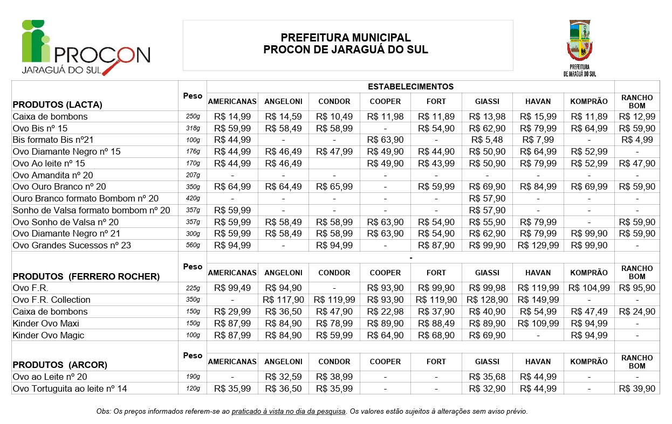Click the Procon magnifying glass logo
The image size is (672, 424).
[x=85, y=47]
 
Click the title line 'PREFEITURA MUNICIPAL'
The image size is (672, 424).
[x=346, y=38]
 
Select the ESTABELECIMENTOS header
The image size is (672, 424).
[x=410, y=86]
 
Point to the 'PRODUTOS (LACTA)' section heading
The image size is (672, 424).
[x=57, y=105]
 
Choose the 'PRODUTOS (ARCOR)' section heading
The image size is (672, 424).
[x=60, y=365]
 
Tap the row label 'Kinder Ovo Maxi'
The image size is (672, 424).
[x=46, y=323]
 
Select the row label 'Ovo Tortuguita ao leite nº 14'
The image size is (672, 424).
[x=70, y=388]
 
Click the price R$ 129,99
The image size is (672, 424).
[x=538, y=246]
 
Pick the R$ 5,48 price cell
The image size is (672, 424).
[x=488, y=140]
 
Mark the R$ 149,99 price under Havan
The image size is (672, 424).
[x=538, y=300]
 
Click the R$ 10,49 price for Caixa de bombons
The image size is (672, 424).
[x=334, y=116]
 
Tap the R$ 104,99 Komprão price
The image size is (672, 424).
[x=589, y=288]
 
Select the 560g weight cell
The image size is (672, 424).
[x=193, y=246]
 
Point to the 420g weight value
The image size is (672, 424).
[x=193, y=199]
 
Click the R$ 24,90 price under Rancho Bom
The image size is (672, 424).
[x=637, y=311]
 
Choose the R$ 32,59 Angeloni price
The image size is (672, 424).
[x=283, y=377]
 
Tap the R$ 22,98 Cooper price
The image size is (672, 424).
[x=385, y=311]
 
